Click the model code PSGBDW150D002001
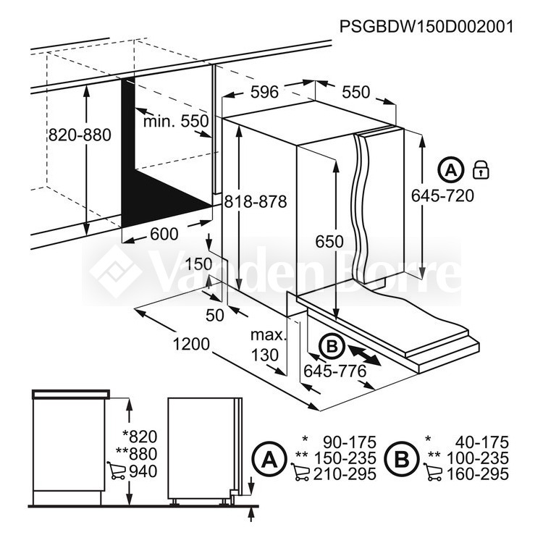(426, 26)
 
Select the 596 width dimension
(264, 92)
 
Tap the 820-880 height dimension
(80, 135)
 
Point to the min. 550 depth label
(176, 121)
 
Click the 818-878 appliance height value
(256, 201)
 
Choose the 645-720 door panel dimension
(442, 196)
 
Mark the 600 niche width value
(164, 234)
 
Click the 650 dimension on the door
(329, 241)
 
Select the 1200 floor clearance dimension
(191, 344)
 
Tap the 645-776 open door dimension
(335, 371)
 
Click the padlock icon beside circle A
(481, 169)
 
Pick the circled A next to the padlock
(450, 170)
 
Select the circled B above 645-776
(332, 345)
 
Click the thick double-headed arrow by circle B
(365, 354)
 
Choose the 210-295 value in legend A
(345, 474)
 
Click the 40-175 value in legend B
(482, 442)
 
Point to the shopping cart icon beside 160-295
(433, 472)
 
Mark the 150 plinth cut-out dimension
(198, 264)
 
